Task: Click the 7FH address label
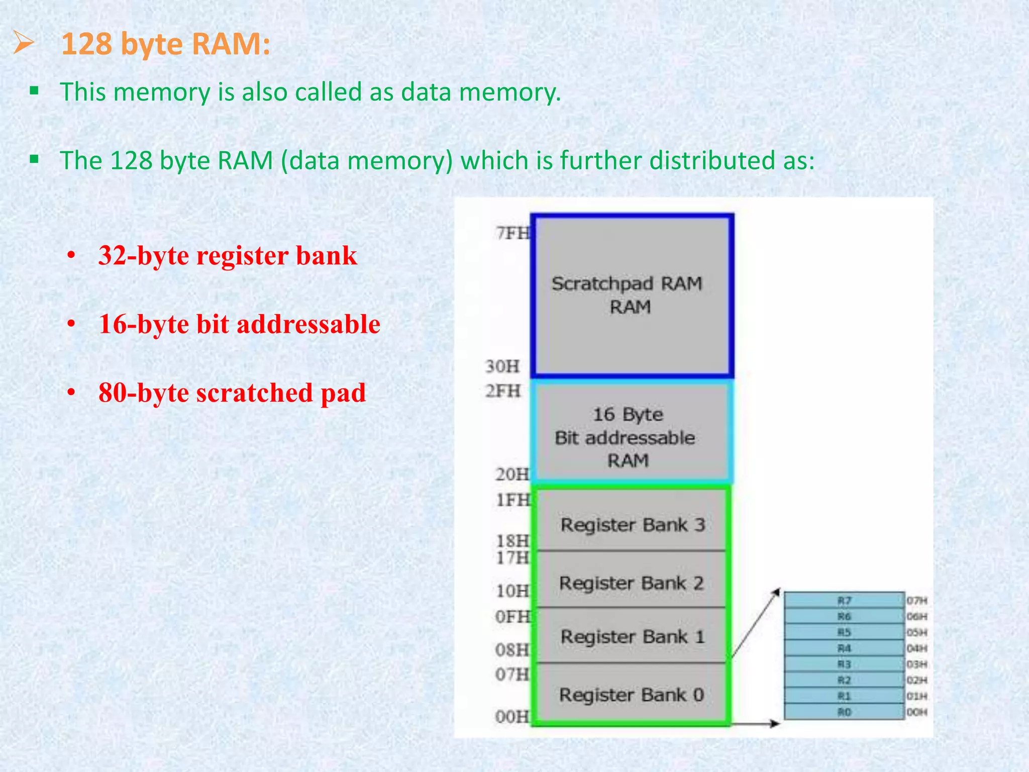click(x=513, y=233)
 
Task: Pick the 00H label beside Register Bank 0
click(x=512, y=716)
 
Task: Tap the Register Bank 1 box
click(x=632, y=636)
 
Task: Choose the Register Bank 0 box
click(x=631, y=695)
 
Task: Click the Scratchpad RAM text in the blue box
click(x=627, y=283)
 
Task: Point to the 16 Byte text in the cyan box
click(x=628, y=415)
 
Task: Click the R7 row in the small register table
click(x=844, y=601)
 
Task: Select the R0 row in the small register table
click(x=844, y=712)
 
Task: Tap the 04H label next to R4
click(x=916, y=648)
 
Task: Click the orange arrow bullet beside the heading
click(x=24, y=43)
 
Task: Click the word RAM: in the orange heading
click(x=231, y=44)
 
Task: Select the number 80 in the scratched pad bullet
click(x=112, y=393)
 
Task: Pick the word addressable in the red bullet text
click(x=308, y=325)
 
